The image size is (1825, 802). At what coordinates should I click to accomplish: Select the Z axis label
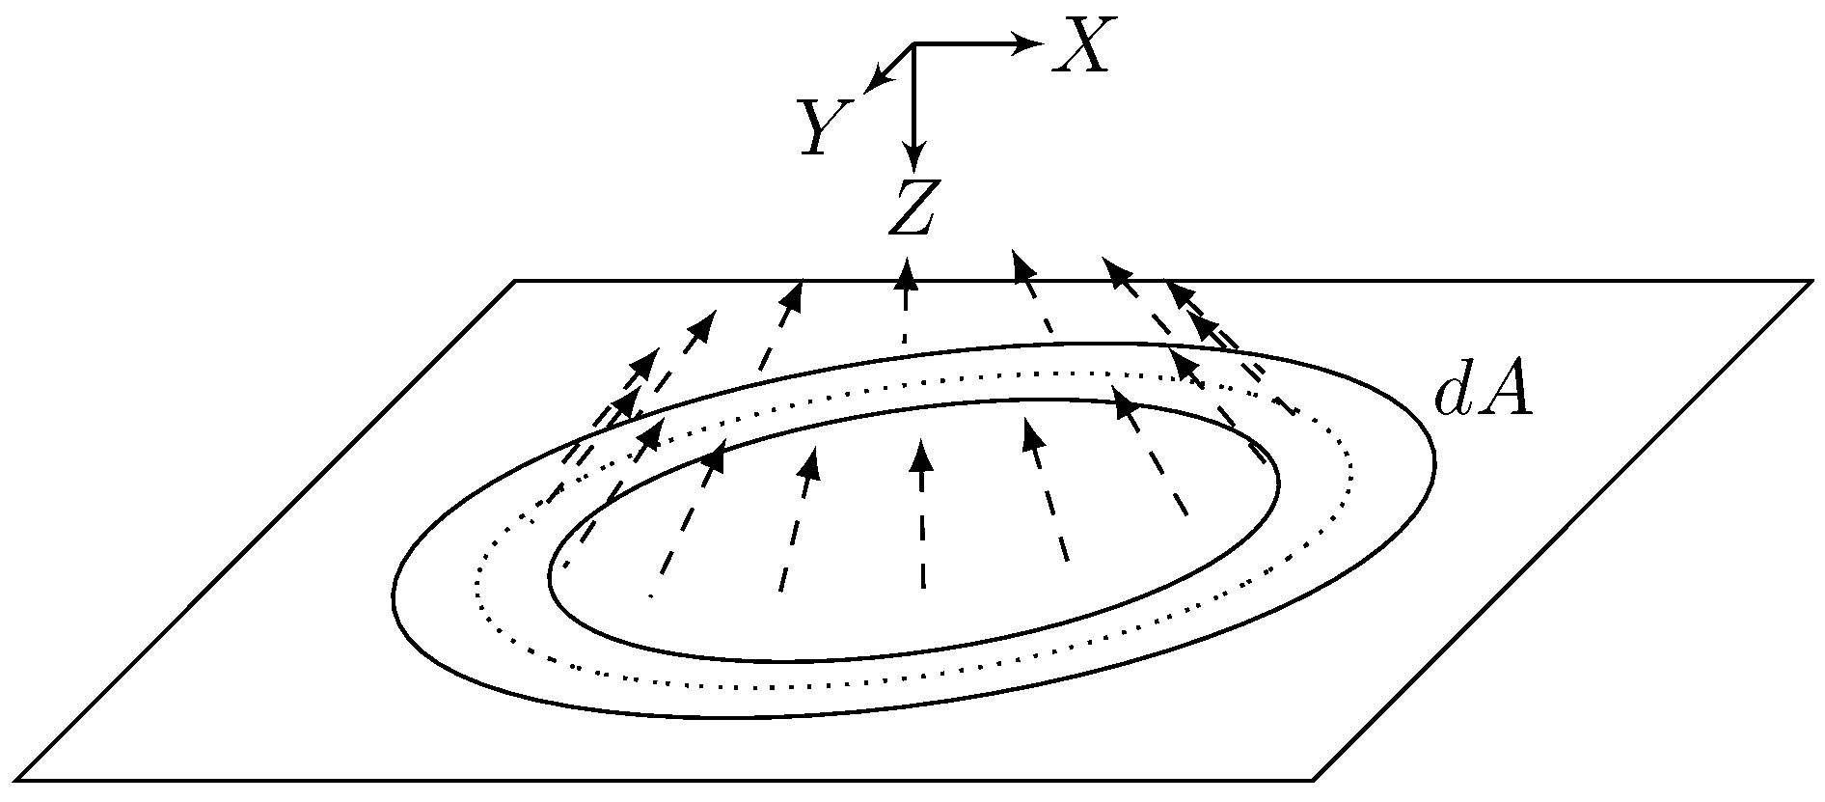click(x=911, y=208)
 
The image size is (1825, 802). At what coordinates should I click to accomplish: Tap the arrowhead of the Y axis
click(x=873, y=83)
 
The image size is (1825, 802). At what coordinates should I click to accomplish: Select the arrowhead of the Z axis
click(x=912, y=162)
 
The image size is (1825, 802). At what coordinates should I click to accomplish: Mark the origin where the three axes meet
click(x=912, y=43)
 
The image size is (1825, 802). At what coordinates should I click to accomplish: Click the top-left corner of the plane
click(x=515, y=281)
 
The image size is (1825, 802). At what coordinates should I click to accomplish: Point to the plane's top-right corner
click(x=1810, y=281)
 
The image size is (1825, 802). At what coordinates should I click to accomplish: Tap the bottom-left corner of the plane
click(x=17, y=779)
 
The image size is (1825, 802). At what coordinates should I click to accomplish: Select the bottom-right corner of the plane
click(x=1314, y=779)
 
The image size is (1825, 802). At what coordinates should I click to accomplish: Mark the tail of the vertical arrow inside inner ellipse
click(x=923, y=586)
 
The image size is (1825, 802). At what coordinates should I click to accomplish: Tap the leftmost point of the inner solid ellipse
click(x=549, y=577)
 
